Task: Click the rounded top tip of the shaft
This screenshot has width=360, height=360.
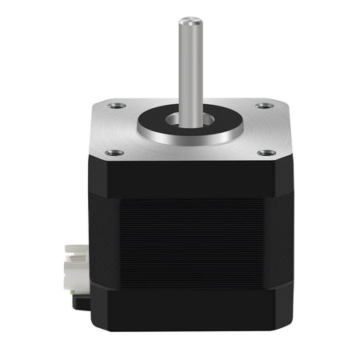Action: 188,20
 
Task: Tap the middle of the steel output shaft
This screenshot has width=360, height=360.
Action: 188,68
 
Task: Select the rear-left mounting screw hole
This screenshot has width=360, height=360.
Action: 118,104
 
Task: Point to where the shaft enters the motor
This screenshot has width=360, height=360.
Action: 189,120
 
